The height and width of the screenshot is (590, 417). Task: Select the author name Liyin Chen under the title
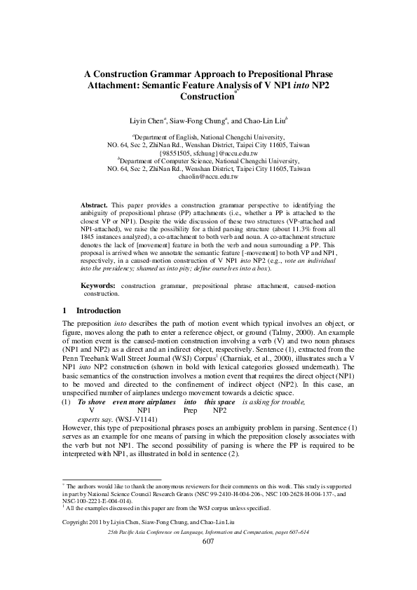(x=154, y=121)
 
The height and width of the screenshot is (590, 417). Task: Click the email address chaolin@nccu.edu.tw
(x=209, y=179)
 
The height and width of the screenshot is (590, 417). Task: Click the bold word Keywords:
(x=99, y=286)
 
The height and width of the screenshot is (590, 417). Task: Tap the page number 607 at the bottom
(x=208, y=542)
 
